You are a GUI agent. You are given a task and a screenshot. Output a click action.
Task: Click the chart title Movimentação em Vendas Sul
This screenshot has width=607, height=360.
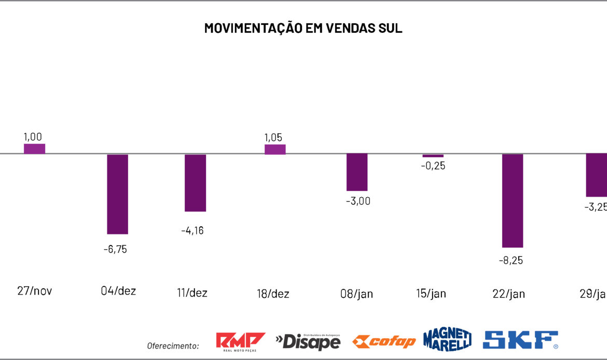303,28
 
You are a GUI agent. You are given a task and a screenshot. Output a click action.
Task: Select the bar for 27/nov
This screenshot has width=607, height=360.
34,149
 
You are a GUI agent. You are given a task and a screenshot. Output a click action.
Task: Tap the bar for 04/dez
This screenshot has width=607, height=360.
117,194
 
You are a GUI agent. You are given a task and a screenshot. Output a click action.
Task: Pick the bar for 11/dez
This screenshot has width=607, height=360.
196,183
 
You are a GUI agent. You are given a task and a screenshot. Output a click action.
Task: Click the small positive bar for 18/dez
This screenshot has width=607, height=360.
275,149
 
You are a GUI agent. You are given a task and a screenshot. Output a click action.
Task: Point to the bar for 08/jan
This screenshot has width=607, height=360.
357,172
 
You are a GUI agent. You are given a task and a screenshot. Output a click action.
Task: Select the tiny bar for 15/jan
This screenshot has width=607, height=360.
433,156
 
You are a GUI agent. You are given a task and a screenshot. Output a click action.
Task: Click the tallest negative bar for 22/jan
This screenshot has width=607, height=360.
512,200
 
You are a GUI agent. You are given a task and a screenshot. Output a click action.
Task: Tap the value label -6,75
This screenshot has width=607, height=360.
115,249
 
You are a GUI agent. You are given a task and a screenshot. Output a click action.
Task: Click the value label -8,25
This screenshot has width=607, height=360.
511,260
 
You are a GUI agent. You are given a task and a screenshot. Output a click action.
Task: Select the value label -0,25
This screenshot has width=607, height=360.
433,166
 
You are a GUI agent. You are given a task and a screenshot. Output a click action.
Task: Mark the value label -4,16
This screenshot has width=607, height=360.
192,230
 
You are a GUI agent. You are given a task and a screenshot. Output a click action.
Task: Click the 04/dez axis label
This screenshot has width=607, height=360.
118,291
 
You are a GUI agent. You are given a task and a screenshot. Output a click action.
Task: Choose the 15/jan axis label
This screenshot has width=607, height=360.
431,294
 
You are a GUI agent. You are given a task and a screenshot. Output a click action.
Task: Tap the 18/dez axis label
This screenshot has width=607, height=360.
273,294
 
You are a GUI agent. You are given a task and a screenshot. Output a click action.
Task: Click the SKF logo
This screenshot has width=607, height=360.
520,340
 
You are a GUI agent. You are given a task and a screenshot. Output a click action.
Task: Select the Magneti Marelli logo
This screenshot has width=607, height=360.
447,340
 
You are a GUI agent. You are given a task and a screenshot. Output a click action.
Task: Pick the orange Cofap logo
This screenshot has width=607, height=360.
384,341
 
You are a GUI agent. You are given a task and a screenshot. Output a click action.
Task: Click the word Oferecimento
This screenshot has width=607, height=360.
173,346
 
